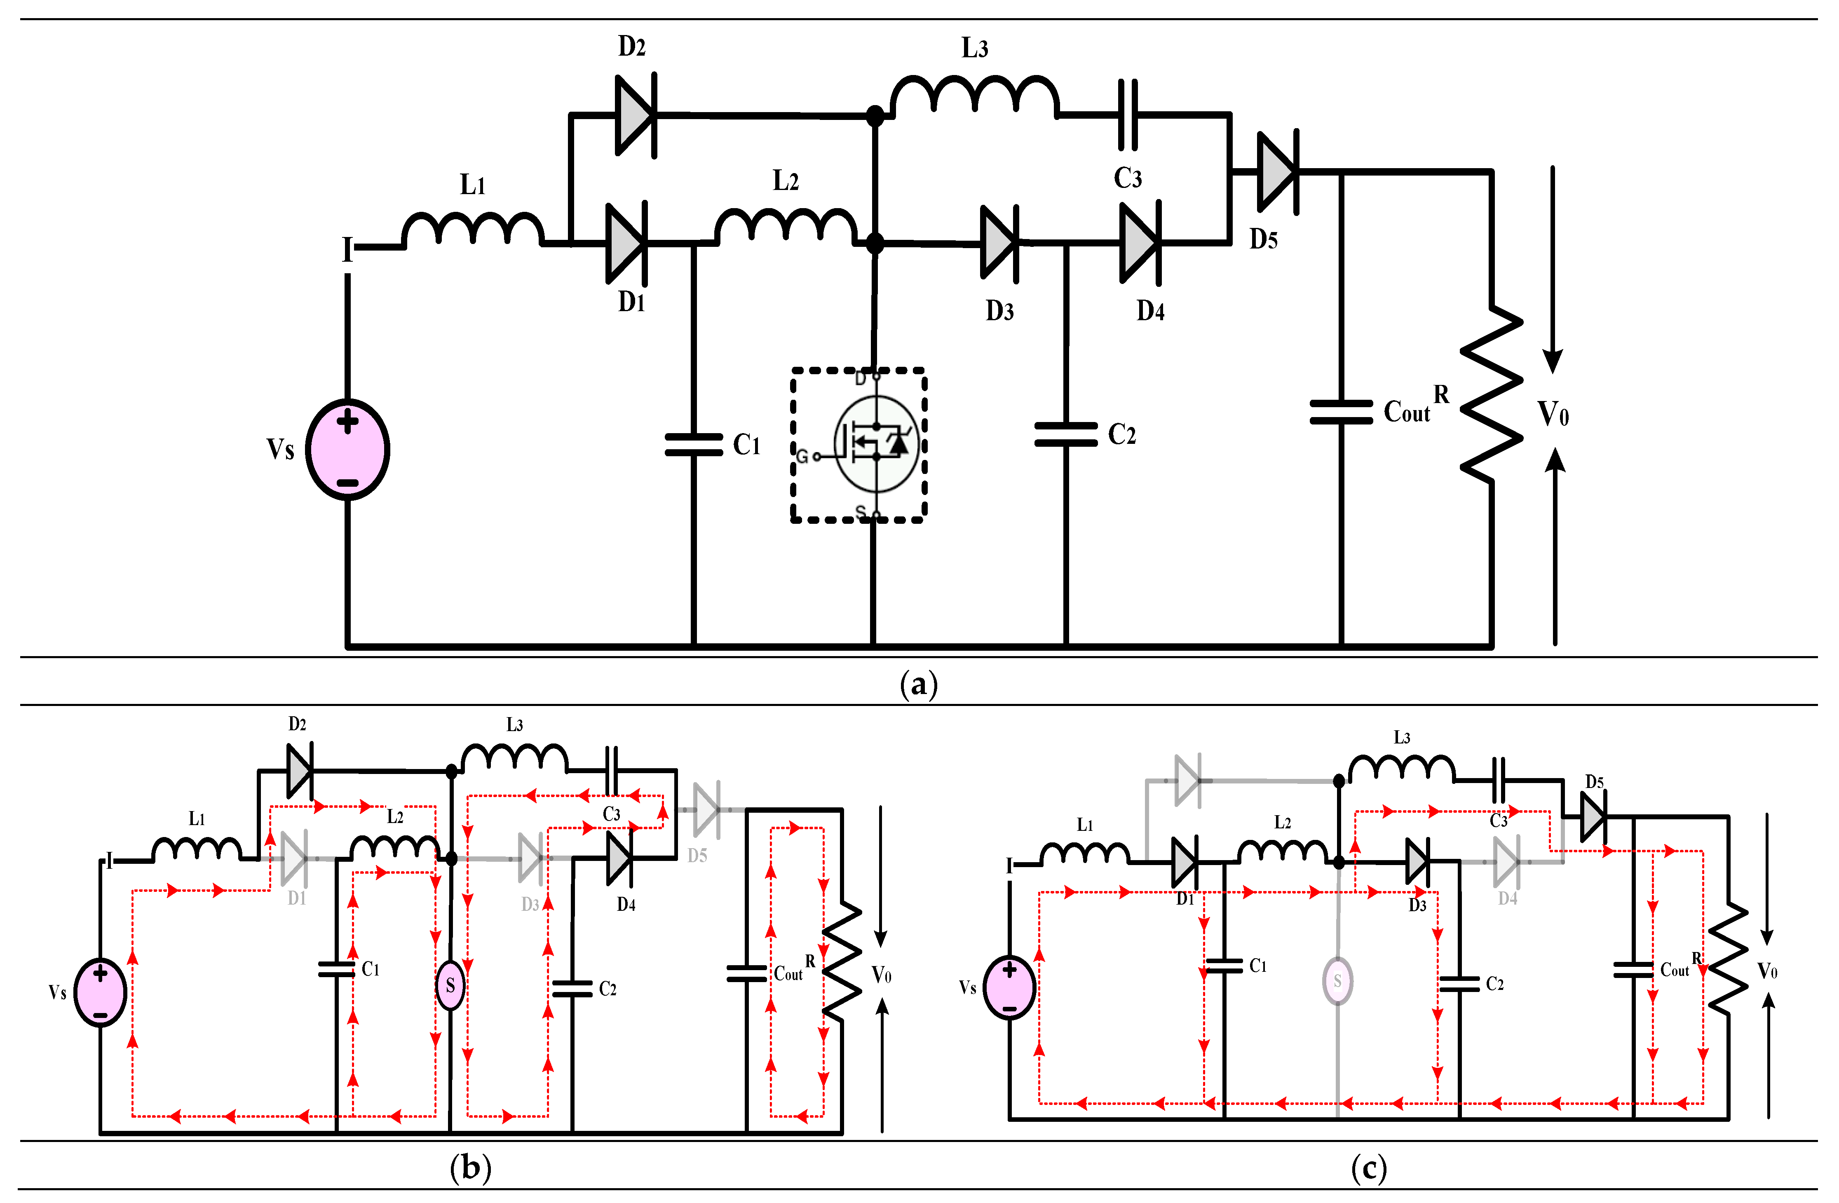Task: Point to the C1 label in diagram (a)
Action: coord(746,445)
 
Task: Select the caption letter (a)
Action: coord(919,685)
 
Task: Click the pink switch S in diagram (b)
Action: coord(450,985)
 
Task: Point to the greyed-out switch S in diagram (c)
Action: coord(1337,980)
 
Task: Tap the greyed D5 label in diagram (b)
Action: coord(697,855)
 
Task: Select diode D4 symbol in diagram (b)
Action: coord(620,858)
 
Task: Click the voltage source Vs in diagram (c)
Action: coord(1009,987)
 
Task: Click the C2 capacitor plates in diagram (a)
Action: coord(1065,434)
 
